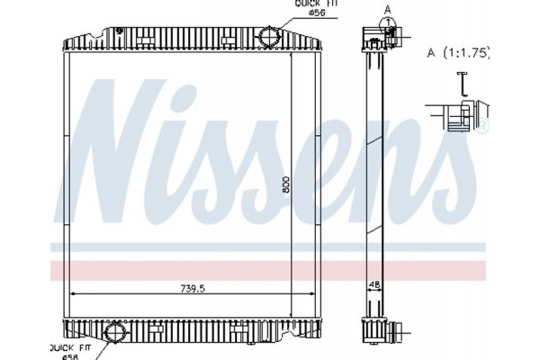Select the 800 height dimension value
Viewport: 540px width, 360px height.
[284, 183]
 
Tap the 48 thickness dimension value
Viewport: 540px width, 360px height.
[374, 283]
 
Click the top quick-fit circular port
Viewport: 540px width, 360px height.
[269, 37]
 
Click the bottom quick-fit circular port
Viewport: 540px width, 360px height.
[115, 333]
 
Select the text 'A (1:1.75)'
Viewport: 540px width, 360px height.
[458, 52]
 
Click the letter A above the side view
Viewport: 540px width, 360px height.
[389, 9]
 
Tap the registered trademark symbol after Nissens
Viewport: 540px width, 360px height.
[481, 130]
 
